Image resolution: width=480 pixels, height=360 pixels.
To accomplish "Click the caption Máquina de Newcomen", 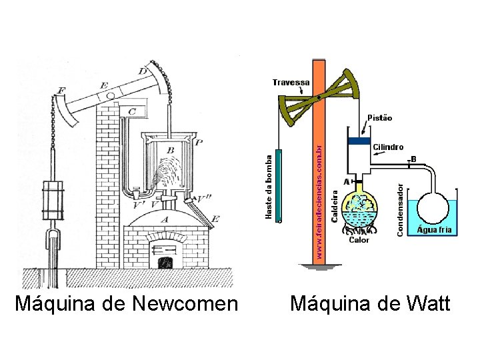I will pyautogui.click(x=126, y=305).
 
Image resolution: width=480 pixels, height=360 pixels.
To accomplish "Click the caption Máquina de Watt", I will pyautogui.click(x=370, y=305).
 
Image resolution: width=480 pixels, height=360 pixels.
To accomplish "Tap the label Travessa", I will pyautogui.click(x=291, y=83).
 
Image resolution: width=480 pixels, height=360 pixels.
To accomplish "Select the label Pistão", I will pyautogui.click(x=379, y=117).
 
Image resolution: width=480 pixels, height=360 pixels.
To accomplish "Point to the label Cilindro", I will pyautogui.click(x=388, y=147).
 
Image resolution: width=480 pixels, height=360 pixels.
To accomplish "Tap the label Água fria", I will pyautogui.click(x=434, y=229).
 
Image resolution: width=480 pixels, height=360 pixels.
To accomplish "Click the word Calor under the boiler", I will pyautogui.click(x=359, y=241).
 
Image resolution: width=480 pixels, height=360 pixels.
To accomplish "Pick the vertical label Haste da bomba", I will pyautogui.click(x=269, y=187).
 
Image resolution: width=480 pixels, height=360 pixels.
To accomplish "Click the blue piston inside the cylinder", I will pyautogui.click(x=359, y=141).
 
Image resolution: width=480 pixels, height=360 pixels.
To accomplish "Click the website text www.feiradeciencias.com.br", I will pyautogui.click(x=319, y=200).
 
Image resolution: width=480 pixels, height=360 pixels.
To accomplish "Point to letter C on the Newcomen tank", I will pyautogui.click(x=132, y=111).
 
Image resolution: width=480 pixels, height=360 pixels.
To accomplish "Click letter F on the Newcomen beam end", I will pyautogui.click(x=61, y=89).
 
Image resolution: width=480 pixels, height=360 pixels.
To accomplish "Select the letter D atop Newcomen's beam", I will pyautogui.click(x=143, y=71).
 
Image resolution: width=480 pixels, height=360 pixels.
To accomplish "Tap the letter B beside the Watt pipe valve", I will pyautogui.click(x=413, y=159).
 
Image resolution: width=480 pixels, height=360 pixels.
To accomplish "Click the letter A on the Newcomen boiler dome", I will pyautogui.click(x=165, y=218).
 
